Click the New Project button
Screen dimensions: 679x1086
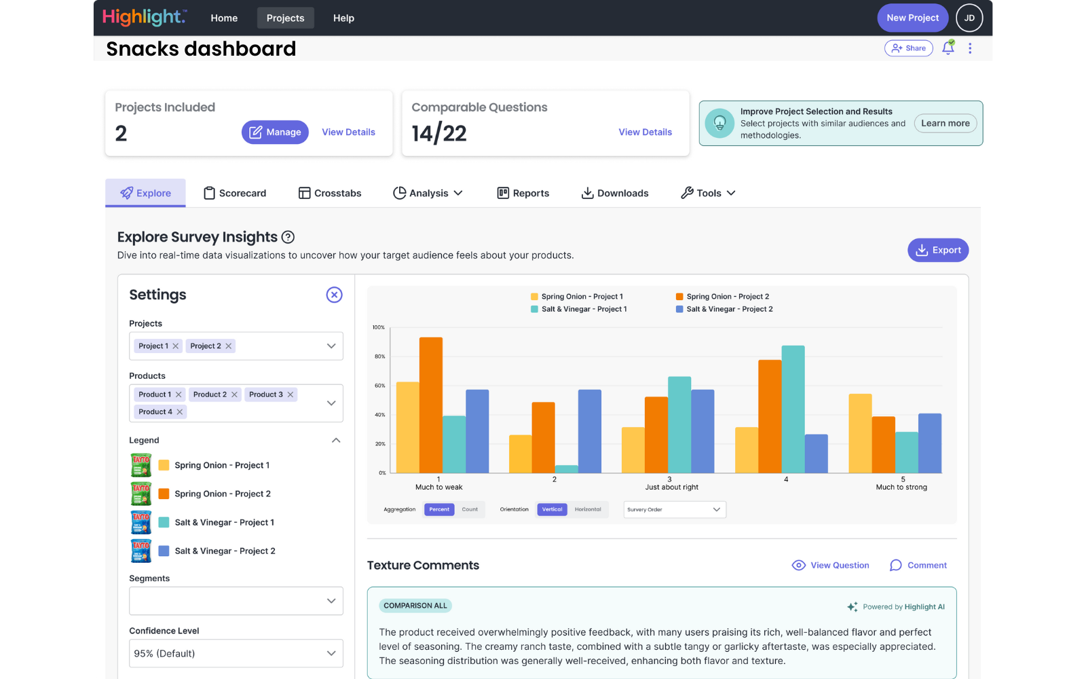912,18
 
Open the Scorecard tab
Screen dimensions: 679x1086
235,194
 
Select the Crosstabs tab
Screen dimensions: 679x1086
330,194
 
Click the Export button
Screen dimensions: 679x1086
938,250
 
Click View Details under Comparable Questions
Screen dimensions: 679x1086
645,132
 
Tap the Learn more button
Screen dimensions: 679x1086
945,124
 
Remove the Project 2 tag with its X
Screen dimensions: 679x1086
229,346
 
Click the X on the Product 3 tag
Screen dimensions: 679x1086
291,394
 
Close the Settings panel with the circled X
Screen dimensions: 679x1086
334,295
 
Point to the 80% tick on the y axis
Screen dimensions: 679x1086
379,356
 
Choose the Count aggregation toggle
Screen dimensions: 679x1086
470,509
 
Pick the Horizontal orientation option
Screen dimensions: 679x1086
588,509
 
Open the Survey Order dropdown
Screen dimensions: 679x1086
675,509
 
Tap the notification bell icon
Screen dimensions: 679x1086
948,48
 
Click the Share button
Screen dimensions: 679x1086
908,48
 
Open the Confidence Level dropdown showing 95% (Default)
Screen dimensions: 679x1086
236,653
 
